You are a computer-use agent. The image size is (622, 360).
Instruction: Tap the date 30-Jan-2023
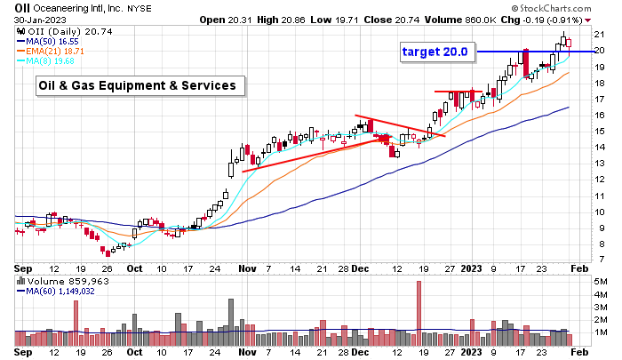click(30, 20)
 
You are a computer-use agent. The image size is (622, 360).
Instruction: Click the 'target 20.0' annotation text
click(435, 52)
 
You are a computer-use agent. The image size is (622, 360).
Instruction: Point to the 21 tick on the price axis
click(599, 35)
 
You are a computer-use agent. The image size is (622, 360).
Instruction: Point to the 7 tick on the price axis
click(601, 260)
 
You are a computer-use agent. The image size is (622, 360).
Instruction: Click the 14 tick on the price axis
click(599, 148)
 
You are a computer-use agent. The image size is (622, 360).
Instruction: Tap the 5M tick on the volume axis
click(600, 282)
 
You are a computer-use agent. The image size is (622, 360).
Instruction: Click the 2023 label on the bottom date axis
click(471, 352)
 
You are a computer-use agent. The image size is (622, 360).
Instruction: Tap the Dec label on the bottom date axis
click(360, 352)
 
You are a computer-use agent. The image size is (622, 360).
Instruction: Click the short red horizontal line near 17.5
click(458, 92)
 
